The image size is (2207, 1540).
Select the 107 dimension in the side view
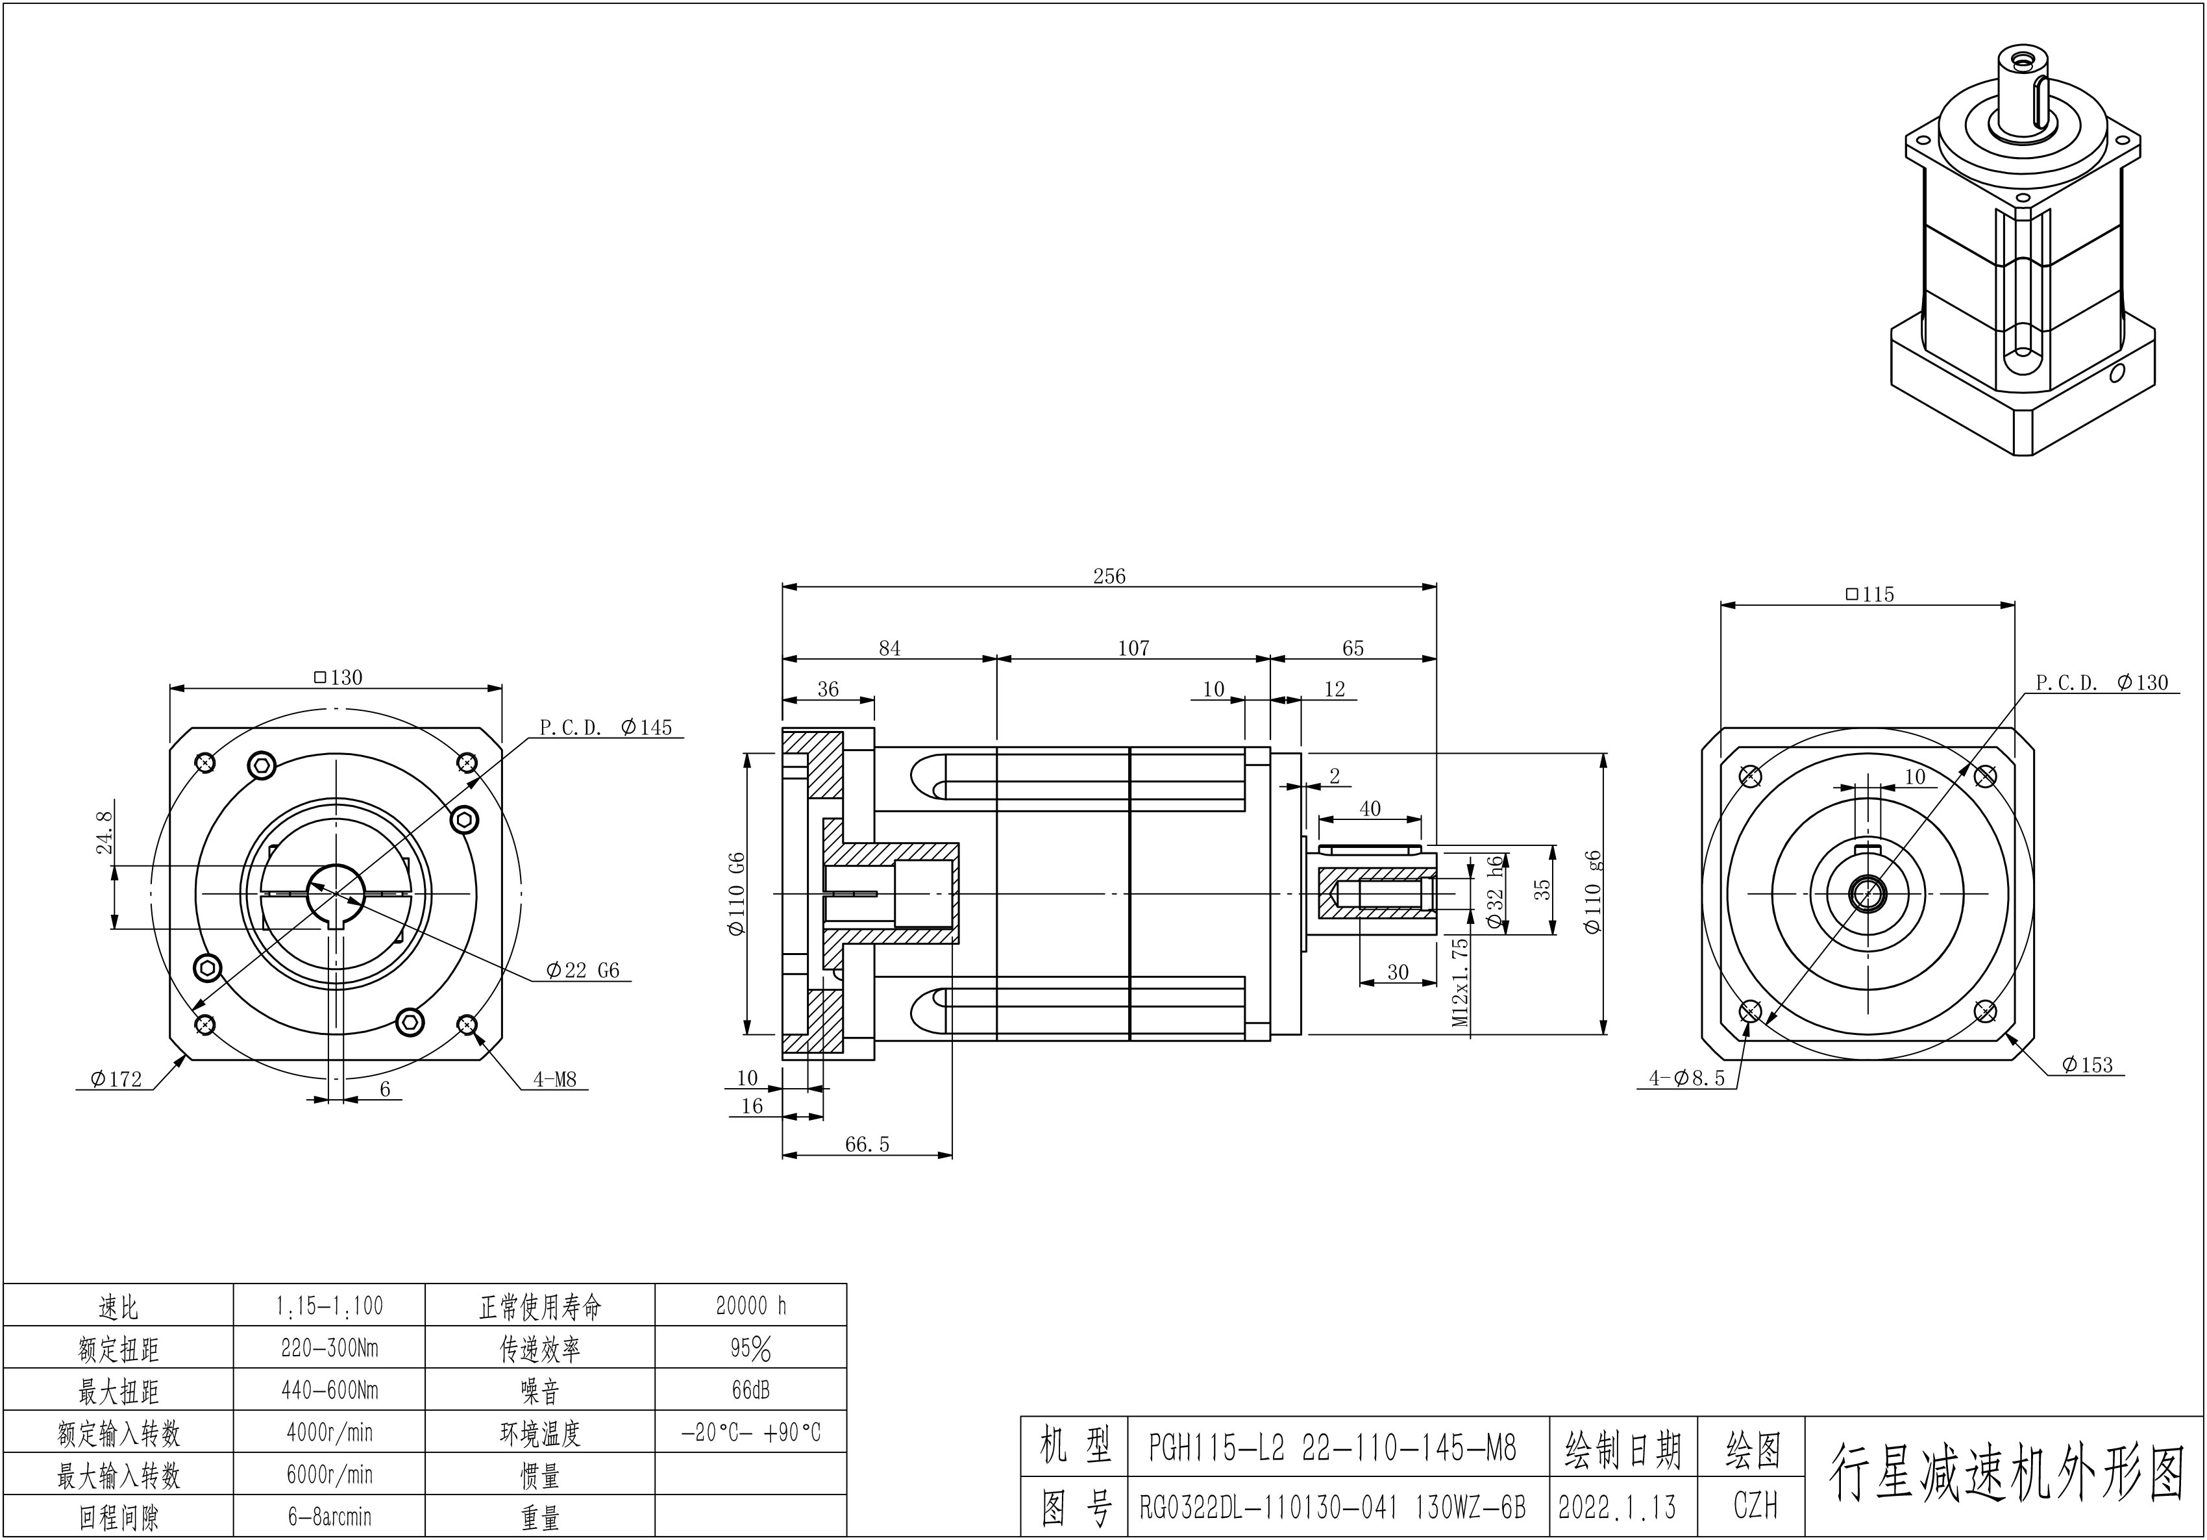(1133, 648)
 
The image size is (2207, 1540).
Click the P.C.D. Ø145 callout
(606, 727)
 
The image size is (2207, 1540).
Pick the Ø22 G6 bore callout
(582, 970)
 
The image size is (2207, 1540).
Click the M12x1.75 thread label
(1461, 982)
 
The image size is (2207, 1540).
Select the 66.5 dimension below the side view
(867, 1144)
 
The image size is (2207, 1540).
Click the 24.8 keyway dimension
(105, 832)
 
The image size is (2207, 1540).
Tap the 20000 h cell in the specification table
(751, 1306)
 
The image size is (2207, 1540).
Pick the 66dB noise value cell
(751, 1390)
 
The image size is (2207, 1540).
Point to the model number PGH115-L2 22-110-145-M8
(1331, 1447)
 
